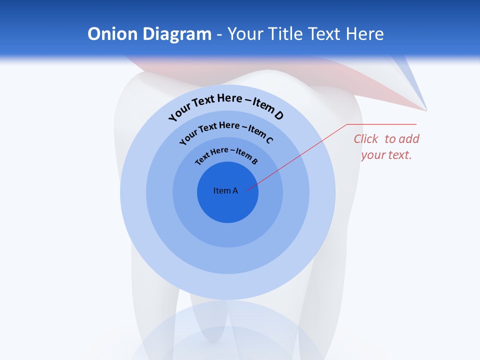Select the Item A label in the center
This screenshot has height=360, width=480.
click(x=225, y=190)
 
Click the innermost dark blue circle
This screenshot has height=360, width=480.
click(x=227, y=205)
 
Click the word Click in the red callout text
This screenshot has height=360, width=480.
click(x=366, y=139)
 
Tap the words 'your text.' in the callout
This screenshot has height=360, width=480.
click(x=386, y=155)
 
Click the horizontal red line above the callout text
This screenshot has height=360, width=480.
click(x=381, y=124)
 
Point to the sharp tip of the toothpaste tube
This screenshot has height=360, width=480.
click(x=426, y=109)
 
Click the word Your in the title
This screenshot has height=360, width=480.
click(x=246, y=34)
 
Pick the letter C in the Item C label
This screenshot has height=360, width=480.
click(x=269, y=140)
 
